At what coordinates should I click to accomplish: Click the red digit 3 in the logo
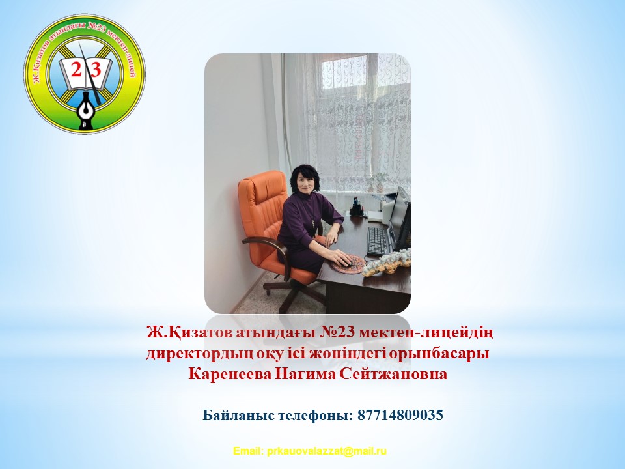click(x=96, y=70)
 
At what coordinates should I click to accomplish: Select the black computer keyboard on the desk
click(x=377, y=241)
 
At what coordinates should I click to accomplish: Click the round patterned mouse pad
click(x=347, y=264)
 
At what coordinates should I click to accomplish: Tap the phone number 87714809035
click(x=400, y=415)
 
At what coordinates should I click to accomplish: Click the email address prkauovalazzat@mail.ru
click(x=327, y=451)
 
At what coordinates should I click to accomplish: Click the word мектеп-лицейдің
click(x=426, y=333)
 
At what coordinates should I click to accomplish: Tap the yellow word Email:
click(x=248, y=451)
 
